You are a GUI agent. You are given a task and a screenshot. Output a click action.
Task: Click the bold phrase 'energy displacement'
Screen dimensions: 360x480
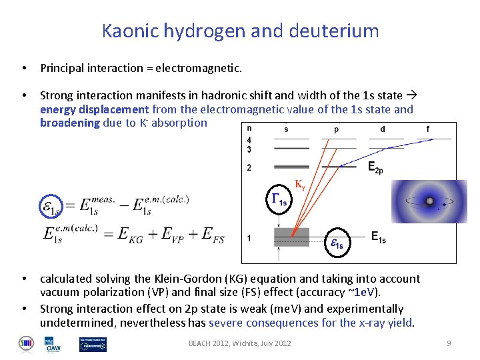click(x=94, y=109)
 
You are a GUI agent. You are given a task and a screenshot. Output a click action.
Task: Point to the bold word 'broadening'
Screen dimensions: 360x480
click(x=69, y=123)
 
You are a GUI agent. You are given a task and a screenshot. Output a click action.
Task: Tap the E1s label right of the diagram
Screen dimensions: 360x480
click(x=378, y=237)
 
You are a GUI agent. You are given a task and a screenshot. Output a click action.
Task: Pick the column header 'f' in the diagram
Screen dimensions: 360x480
click(x=427, y=129)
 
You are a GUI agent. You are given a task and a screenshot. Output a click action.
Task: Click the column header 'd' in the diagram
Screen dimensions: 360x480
click(x=383, y=129)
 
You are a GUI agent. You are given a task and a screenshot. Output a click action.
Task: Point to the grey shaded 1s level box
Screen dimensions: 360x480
click(x=291, y=237)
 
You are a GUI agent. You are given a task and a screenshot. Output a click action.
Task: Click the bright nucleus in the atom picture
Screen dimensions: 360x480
click(x=430, y=201)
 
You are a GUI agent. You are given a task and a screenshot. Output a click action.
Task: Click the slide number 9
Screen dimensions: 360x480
click(x=449, y=343)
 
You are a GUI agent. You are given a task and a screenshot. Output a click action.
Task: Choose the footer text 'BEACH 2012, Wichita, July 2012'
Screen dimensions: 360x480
click(x=240, y=343)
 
